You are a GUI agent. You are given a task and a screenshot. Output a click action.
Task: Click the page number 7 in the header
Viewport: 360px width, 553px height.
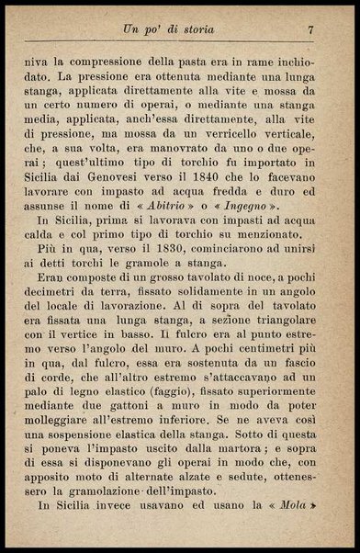(311, 29)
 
